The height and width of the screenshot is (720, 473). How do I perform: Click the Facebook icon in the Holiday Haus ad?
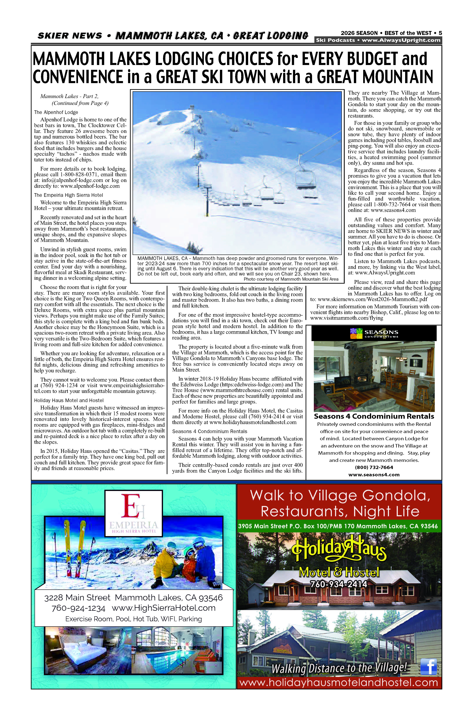(429, 667)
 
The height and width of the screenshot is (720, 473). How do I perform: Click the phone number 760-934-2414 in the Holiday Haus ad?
(339, 584)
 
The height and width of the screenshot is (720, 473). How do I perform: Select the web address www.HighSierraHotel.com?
(164, 608)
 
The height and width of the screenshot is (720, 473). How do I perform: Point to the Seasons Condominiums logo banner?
(374, 333)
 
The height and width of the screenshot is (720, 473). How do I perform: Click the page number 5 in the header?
(440, 33)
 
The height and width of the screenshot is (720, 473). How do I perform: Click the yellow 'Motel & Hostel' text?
(339, 572)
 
